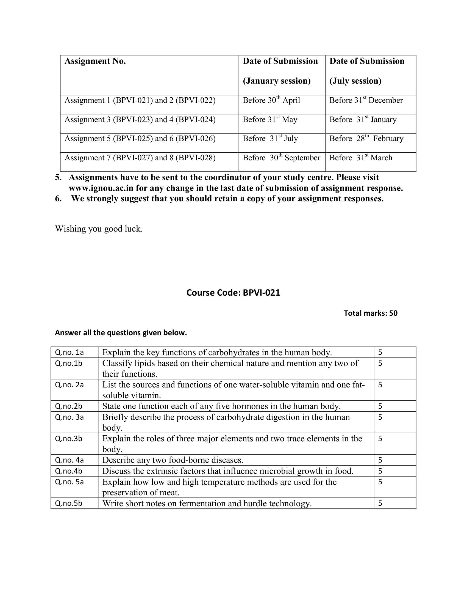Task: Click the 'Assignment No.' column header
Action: pyautogui.click(x=95, y=61)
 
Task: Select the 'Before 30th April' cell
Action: pyautogui.click(x=271, y=100)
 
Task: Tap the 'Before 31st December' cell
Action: pyautogui.click(x=366, y=100)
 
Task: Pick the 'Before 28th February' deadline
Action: pyautogui.click(x=366, y=139)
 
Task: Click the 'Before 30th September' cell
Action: pyautogui.click(x=281, y=158)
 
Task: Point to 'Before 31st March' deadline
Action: pyautogui.click(x=360, y=158)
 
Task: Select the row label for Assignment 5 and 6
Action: pyautogui.click(x=140, y=139)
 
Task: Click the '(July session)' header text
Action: pyautogui.click(x=355, y=81)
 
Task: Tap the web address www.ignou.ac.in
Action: pyautogui.click(x=101, y=188)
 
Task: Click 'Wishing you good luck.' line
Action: pyautogui.click(x=99, y=229)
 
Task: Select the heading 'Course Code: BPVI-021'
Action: pyautogui.click(x=233, y=293)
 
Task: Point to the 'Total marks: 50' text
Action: pyautogui.click(x=371, y=313)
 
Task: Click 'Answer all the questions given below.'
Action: pyautogui.click(x=121, y=333)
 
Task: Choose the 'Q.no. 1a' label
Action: pyautogui.click(x=69, y=352)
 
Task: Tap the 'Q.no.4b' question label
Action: pyautogui.click(x=69, y=471)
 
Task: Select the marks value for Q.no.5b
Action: pyautogui.click(x=380, y=503)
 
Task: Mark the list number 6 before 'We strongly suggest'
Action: pyautogui.click(x=58, y=199)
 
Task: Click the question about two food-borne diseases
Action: pyautogui.click(x=173, y=460)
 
